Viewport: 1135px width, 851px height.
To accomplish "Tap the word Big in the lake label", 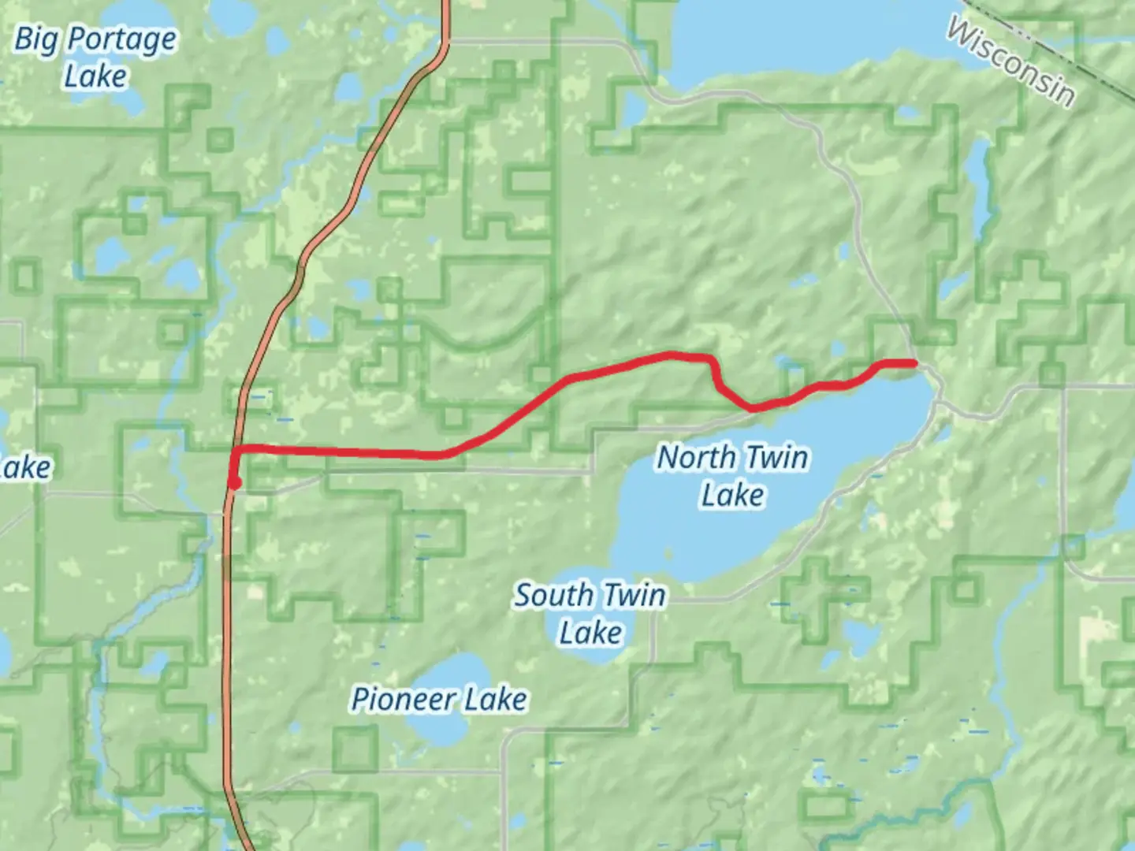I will [35, 39].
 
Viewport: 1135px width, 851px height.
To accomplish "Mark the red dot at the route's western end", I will [234, 483].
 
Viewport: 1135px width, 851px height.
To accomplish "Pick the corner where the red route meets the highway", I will [236, 450].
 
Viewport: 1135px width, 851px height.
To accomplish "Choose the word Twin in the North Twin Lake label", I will [776, 457].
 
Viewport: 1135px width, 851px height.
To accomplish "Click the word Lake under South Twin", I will [591, 633].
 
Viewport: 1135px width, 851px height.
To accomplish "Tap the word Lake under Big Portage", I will [95, 77].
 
